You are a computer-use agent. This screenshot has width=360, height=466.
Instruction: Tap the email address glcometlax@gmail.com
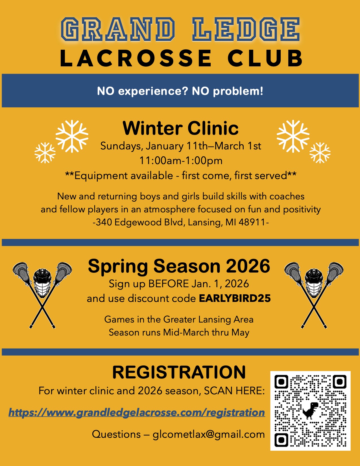tap(209, 435)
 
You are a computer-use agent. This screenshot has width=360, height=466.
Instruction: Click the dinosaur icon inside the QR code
tap(310, 410)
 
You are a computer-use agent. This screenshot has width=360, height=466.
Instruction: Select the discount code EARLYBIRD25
tap(235, 298)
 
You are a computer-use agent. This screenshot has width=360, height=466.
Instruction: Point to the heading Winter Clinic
tap(180, 128)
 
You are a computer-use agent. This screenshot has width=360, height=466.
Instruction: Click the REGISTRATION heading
tap(179, 372)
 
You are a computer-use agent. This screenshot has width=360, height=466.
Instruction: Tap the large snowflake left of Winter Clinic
tap(72, 136)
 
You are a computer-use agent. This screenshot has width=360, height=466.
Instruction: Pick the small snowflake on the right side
tap(320, 153)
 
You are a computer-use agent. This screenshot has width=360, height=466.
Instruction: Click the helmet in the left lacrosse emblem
tap(42, 283)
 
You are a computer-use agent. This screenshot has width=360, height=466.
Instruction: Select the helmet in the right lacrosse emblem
tap(314, 283)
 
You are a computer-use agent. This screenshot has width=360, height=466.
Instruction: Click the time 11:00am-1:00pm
tap(181, 160)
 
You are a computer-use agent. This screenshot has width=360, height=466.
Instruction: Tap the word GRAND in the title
tap(118, 29)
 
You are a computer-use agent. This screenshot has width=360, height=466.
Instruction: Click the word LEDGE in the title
tap(246, 29)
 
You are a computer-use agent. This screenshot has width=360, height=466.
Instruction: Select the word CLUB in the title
tap(265, 58)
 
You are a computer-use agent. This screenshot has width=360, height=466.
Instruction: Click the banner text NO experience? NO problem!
tap(180, 91)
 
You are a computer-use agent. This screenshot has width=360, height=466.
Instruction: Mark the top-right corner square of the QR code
tap(340, 382)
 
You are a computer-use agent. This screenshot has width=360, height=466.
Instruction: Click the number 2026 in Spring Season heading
tap(248, 266)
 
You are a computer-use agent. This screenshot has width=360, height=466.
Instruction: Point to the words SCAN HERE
tap(234, 391)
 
